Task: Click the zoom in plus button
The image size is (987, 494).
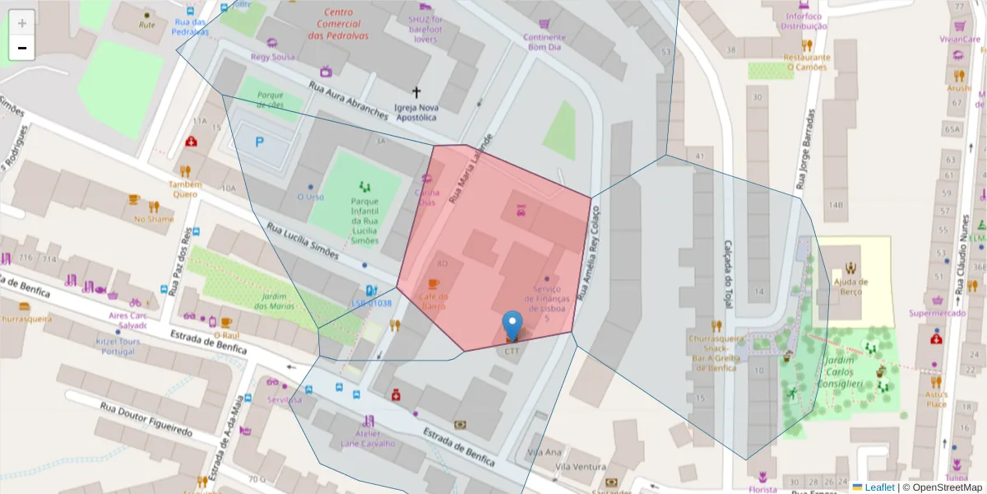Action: click(x=22, y=22)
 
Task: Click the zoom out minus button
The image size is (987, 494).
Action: click(x=22, y=48)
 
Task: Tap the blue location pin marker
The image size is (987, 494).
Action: click(x=513, y=325)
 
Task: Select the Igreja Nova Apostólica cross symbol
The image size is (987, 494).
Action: click(x=416, y=92)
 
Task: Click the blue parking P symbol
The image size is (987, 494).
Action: click(x=260, y=142)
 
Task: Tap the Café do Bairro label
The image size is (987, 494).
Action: click(x=433, y=301)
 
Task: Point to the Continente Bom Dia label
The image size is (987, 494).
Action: click(x=544, y=42)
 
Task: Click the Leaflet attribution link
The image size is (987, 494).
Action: click(x=878, y=487)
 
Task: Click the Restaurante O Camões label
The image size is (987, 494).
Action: click(x=807, y=63)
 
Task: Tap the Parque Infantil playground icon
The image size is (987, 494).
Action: click(x=364, y=187)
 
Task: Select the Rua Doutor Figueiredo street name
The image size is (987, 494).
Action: click(x=146, y=419)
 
